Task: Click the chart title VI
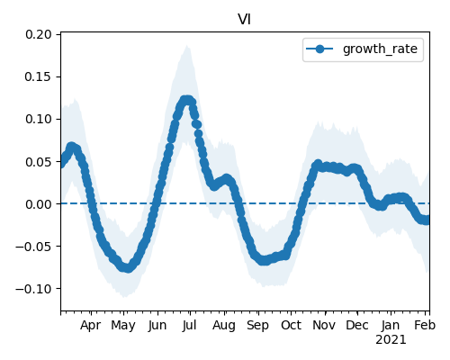244,20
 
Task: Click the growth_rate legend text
380,49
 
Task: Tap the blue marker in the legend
319,49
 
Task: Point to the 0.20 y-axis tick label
39,34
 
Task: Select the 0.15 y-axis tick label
39,76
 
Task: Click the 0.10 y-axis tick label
39,119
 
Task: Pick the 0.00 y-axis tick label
39,204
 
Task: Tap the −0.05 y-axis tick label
33,247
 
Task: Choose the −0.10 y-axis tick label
33,289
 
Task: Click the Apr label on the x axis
91,326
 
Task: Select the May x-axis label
123,326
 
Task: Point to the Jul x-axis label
189,326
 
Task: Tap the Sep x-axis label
257,326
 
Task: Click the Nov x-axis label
324,326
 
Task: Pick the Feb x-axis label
425,326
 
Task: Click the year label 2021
391,340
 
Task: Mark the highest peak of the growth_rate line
187,100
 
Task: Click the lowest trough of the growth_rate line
127,267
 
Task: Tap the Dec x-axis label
357,326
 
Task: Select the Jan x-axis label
391,326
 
